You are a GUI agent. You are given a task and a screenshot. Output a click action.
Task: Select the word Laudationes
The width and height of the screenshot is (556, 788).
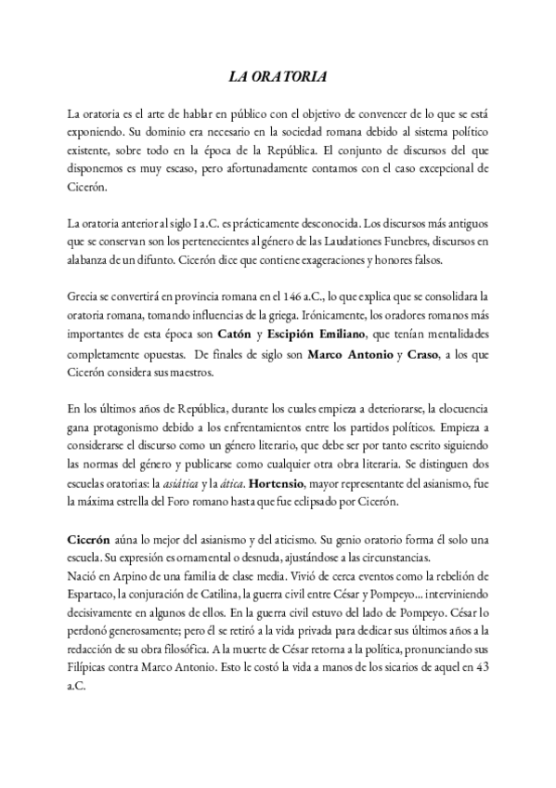[326, 243]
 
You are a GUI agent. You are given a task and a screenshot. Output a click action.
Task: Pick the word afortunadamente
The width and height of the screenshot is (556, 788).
[293, 168]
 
